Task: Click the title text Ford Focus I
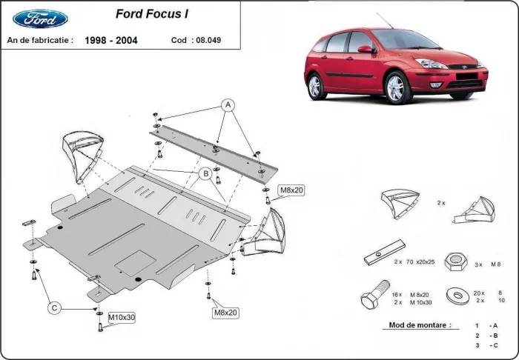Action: (151, 13)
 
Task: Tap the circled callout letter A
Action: (228, 105)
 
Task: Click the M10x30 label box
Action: (122, 319)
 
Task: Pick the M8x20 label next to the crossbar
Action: (291, 191)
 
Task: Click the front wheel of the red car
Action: (395, 88)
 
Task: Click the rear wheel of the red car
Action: (317, 87)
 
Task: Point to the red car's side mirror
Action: (365, 50)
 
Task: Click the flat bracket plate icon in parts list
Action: (385, 253)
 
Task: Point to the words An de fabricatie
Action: (40, 41)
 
